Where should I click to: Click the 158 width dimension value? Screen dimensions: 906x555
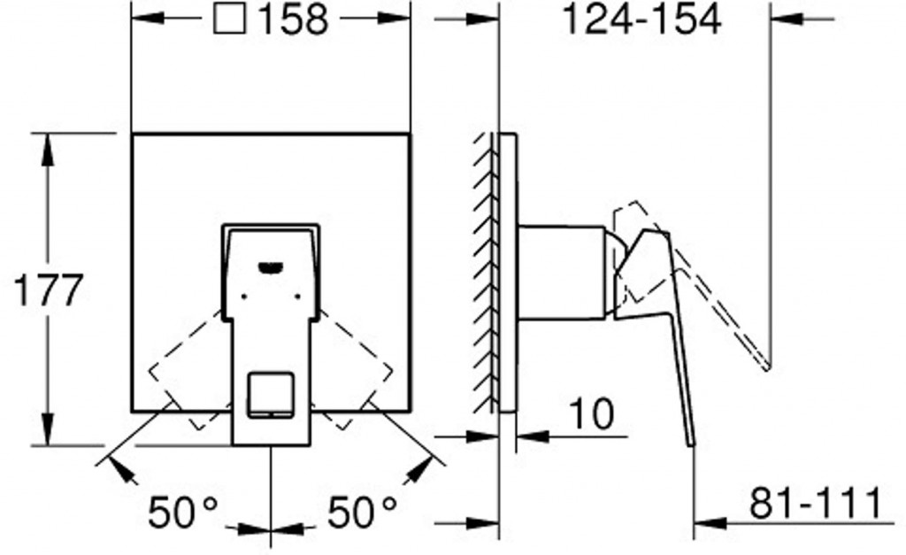[x=293, y=19]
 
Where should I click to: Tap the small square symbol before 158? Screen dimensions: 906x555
[x=231, y=19]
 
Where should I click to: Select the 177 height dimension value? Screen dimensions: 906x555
[x=49, y=290]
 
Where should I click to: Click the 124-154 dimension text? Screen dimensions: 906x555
[x=642, y=19]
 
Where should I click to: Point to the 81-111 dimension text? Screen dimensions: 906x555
[x=815, y=504]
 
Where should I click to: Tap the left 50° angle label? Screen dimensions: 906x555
[x=183, y=513]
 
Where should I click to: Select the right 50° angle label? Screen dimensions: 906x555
[x=363, y=513]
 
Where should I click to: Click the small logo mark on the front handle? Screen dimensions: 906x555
[x=270, y=267]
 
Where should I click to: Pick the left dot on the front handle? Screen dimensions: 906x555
[x=243, y=297]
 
